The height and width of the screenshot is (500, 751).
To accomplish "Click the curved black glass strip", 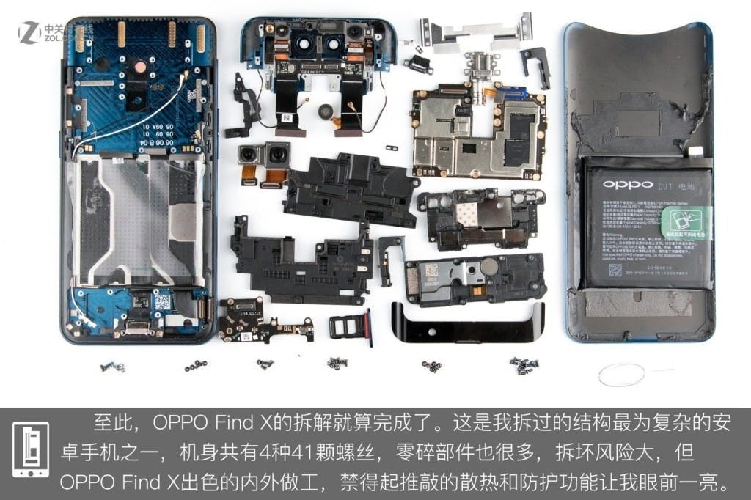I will pyautogui.click(x=469, y=323).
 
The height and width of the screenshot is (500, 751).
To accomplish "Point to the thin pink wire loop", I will pyautogui.click(x=621, y=375).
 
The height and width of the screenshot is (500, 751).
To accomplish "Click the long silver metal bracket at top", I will pyautogui.click(x=477, y=34).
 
